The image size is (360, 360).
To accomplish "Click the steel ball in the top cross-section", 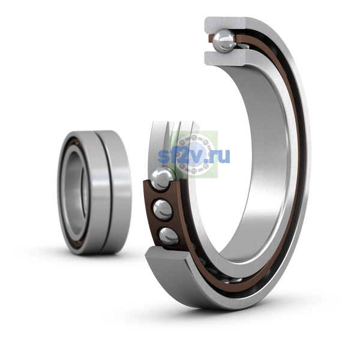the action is click(224, 41).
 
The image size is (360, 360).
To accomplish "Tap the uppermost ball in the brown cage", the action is click(162, 179).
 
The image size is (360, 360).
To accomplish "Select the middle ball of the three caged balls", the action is click(163, 209).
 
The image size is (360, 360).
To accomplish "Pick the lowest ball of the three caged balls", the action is click(169, 236).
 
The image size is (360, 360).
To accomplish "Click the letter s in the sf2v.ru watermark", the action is click(163, 157).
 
